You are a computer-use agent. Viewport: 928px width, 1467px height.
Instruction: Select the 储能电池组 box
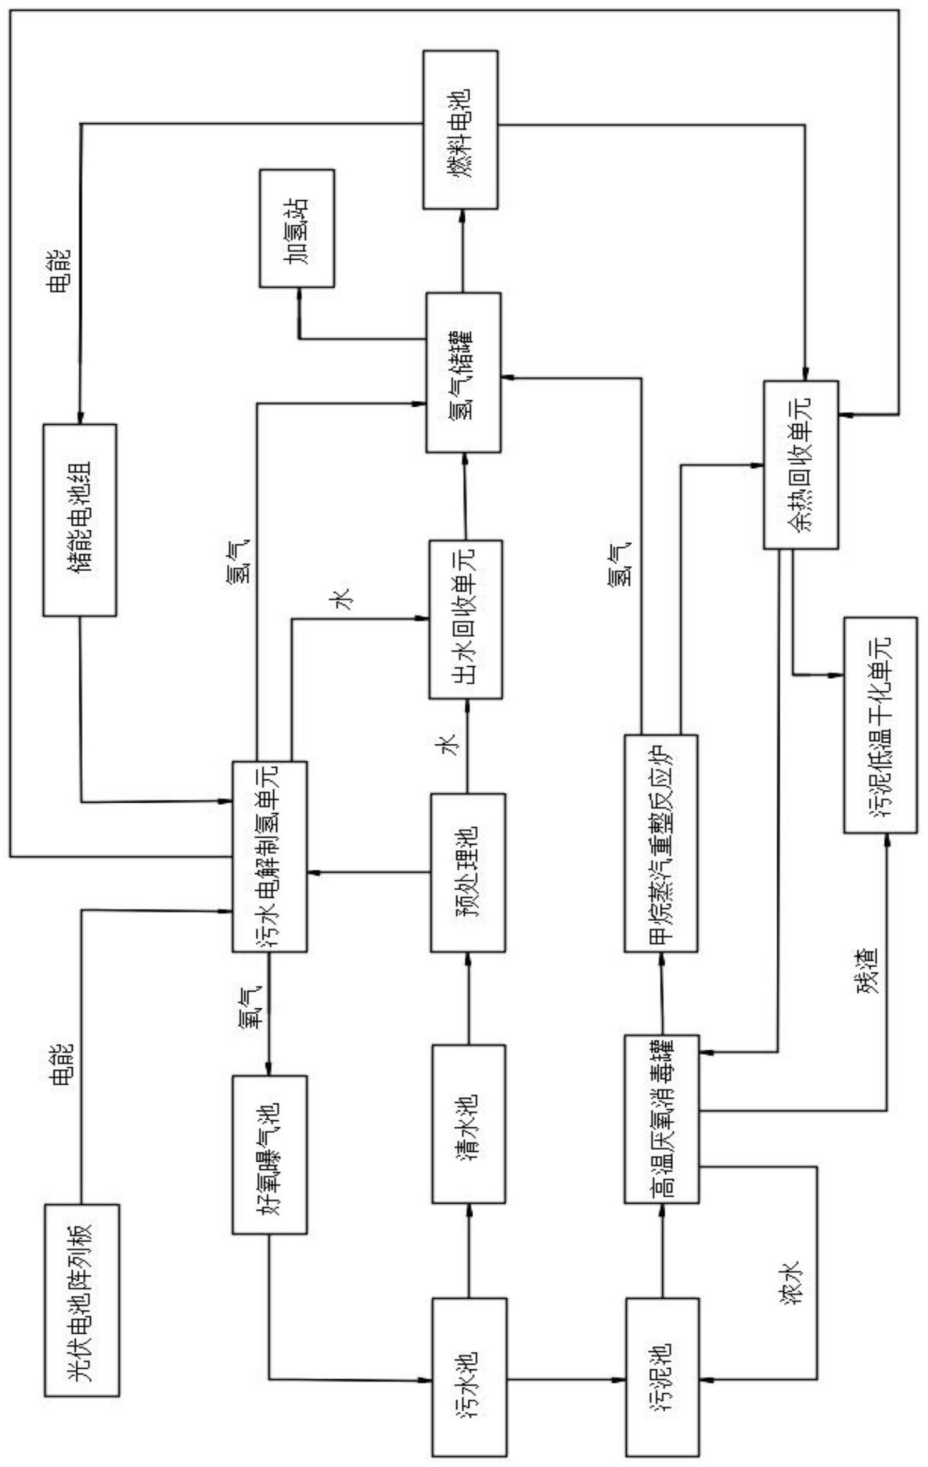(x=79, y=519)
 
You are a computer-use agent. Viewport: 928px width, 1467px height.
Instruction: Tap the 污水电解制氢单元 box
(x=270, y=856)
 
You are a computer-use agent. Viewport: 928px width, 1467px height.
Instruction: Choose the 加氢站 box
(x=297, y=228)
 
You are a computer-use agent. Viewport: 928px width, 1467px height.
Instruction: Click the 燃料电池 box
(x=460, y=129)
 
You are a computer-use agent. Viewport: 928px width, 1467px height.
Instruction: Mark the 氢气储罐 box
(x=463, y=372)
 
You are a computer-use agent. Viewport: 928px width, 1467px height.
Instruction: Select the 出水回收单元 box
(x=465, y=619)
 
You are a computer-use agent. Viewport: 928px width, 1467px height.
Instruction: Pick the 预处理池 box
(x=468, y=872)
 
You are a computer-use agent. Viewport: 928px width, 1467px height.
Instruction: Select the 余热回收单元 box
(x=800, y=464)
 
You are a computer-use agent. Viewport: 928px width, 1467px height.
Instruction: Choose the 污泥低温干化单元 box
(x=880, y=724)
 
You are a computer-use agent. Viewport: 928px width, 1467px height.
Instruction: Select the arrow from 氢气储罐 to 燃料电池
(x=462, y=250)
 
